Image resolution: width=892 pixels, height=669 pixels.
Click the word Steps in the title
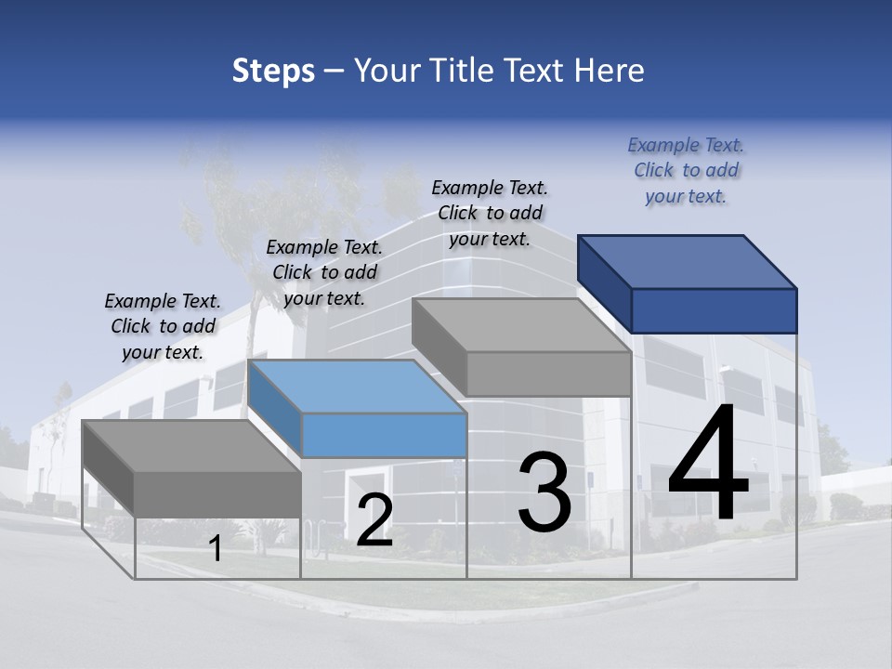coord(272,71)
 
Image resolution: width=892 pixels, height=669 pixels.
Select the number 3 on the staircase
coord(544,493)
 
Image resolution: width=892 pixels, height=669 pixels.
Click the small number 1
coord(215,549)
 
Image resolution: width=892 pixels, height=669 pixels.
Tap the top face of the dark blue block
coord(688,261)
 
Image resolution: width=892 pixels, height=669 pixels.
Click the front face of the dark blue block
coord(714,310)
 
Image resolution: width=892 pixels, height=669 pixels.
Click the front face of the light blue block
coord(384,435)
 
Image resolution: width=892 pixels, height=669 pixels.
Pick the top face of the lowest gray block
coord(190,445)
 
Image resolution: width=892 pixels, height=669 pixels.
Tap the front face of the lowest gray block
coord(217,493)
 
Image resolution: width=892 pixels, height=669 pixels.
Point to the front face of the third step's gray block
coord(548,374)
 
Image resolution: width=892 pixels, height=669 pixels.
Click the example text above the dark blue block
coord(686,170)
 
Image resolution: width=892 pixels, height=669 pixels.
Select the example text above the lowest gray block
coord(163,326)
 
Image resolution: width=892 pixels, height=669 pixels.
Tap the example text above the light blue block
coord(324,272)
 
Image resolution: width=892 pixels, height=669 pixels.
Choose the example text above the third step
coord(490,213)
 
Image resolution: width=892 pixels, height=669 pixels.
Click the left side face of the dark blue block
coord(604,283)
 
